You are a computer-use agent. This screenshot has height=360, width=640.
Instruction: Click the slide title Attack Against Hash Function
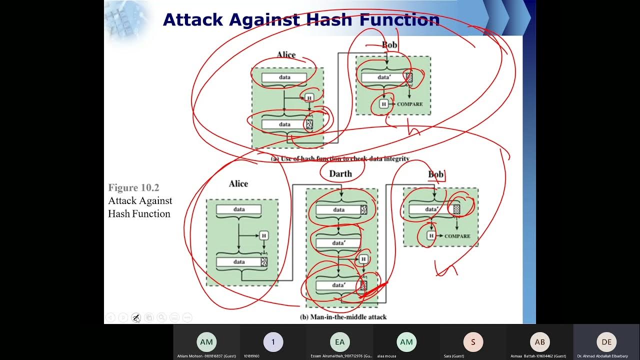[301, 20]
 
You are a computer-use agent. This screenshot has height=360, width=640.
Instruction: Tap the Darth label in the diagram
[340, 173]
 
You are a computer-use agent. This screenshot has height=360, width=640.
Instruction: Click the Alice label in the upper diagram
[286, 54]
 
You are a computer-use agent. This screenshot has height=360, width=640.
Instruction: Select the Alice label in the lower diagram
[238, 183]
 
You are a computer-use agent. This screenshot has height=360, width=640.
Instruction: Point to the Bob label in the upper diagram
[389, 45]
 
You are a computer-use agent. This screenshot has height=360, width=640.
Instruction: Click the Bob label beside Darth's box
[435, 174]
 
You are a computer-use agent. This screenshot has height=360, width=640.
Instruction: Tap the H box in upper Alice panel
[309, 97]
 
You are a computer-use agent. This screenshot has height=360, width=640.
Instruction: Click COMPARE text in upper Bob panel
[409, 104]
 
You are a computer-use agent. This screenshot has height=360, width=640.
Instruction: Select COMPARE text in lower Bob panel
[457, 235]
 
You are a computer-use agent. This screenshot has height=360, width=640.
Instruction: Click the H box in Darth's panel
[363, 258]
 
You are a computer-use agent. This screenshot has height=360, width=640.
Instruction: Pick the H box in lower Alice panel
[263, 235]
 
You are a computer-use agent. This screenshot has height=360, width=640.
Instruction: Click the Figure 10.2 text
[133, 187]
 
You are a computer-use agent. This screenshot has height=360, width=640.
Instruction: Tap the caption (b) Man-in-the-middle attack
[343, 316]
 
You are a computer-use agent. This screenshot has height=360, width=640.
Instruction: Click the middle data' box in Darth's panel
[338, 243]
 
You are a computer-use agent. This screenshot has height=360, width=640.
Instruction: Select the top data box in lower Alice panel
[239, 209]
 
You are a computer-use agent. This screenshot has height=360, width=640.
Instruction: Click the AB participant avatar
[539, 342]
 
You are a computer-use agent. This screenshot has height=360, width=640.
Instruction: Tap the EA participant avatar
[339, 342]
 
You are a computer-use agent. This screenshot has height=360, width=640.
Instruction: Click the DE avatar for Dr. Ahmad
[606, 342]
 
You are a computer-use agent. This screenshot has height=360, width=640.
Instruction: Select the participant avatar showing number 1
[273, 342]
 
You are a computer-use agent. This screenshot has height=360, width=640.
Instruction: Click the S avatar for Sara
[473, 342]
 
